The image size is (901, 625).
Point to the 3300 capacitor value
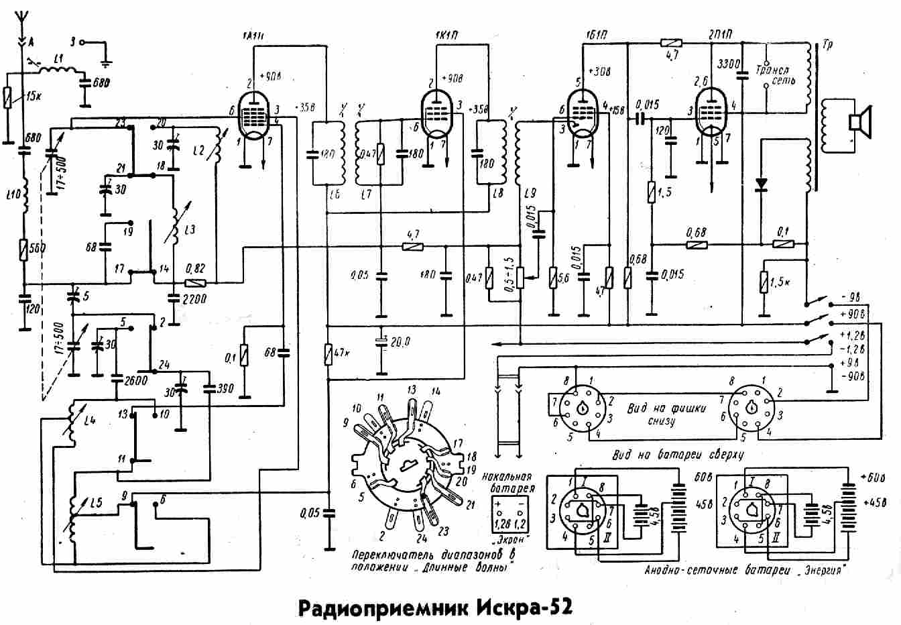coord(728,64)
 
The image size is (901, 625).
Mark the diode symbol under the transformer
coord(762,183)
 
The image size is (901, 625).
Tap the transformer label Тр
coord(825,48)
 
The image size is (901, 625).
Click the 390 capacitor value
coord(217,388)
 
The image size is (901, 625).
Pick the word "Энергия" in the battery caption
coord(822,571)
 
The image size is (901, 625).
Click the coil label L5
coord(97,501)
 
